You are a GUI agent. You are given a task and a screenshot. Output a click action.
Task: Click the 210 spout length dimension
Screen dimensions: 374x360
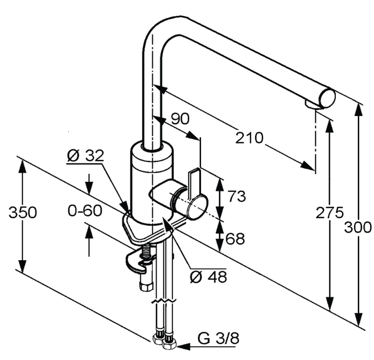[x=249, y=138]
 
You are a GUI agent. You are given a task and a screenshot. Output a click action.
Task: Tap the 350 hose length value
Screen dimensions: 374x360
[x=22, y=212]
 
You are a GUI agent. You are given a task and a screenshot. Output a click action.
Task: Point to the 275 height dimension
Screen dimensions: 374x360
[x=330, y=212]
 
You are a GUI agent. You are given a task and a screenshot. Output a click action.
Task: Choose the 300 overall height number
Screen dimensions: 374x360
[x=358, y=227]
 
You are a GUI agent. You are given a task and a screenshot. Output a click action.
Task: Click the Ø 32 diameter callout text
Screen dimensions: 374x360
[x=85, y=156]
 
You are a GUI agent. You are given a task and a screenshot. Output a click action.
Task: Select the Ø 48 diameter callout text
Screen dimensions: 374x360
[x=208, y=277]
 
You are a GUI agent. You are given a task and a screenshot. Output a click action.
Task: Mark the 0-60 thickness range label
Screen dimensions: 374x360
[x=85, y=211]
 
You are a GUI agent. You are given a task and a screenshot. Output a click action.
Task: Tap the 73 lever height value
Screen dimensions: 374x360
[x=235, y=196]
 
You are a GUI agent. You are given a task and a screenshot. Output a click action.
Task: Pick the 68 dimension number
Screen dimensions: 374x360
[x=235, y=239]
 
